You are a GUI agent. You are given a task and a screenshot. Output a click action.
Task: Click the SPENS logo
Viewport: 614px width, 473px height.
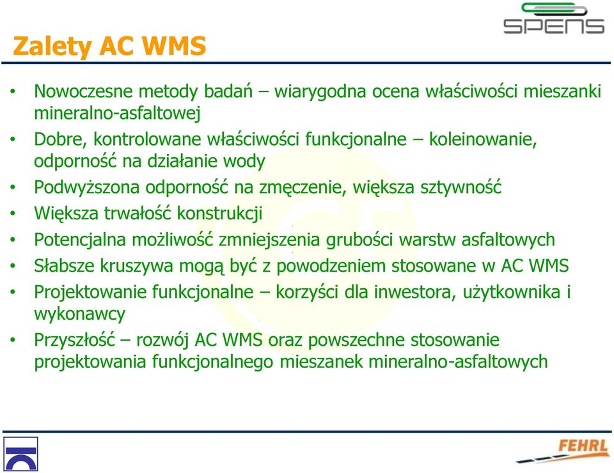553,19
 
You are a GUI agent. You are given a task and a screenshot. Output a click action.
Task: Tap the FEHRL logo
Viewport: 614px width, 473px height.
563,451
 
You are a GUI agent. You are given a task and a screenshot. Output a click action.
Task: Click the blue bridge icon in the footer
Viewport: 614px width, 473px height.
20,454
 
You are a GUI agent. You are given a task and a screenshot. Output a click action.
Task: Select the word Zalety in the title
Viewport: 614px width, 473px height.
52,47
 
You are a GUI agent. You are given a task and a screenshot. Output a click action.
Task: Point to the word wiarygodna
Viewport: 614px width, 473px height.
320,92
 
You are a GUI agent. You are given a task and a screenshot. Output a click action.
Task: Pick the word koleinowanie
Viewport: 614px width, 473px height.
483,139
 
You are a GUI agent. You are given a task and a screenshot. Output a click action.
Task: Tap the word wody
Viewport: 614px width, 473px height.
244,162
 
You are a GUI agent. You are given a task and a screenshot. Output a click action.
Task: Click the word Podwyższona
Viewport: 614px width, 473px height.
86,188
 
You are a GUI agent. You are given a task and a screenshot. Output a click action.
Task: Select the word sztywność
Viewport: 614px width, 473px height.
461,187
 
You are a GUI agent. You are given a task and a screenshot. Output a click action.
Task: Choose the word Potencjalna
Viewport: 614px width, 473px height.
80,240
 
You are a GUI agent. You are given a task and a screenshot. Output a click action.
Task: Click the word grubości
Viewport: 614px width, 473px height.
359,240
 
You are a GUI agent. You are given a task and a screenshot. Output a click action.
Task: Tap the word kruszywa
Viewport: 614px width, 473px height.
136,267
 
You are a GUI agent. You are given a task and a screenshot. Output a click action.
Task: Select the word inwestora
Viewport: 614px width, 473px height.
415,292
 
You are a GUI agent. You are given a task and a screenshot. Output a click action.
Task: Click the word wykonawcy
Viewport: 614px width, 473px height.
79,314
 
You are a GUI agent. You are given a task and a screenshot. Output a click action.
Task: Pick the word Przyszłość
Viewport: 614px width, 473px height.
74,340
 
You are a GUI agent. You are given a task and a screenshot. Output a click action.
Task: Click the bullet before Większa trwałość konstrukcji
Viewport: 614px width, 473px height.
13,214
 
